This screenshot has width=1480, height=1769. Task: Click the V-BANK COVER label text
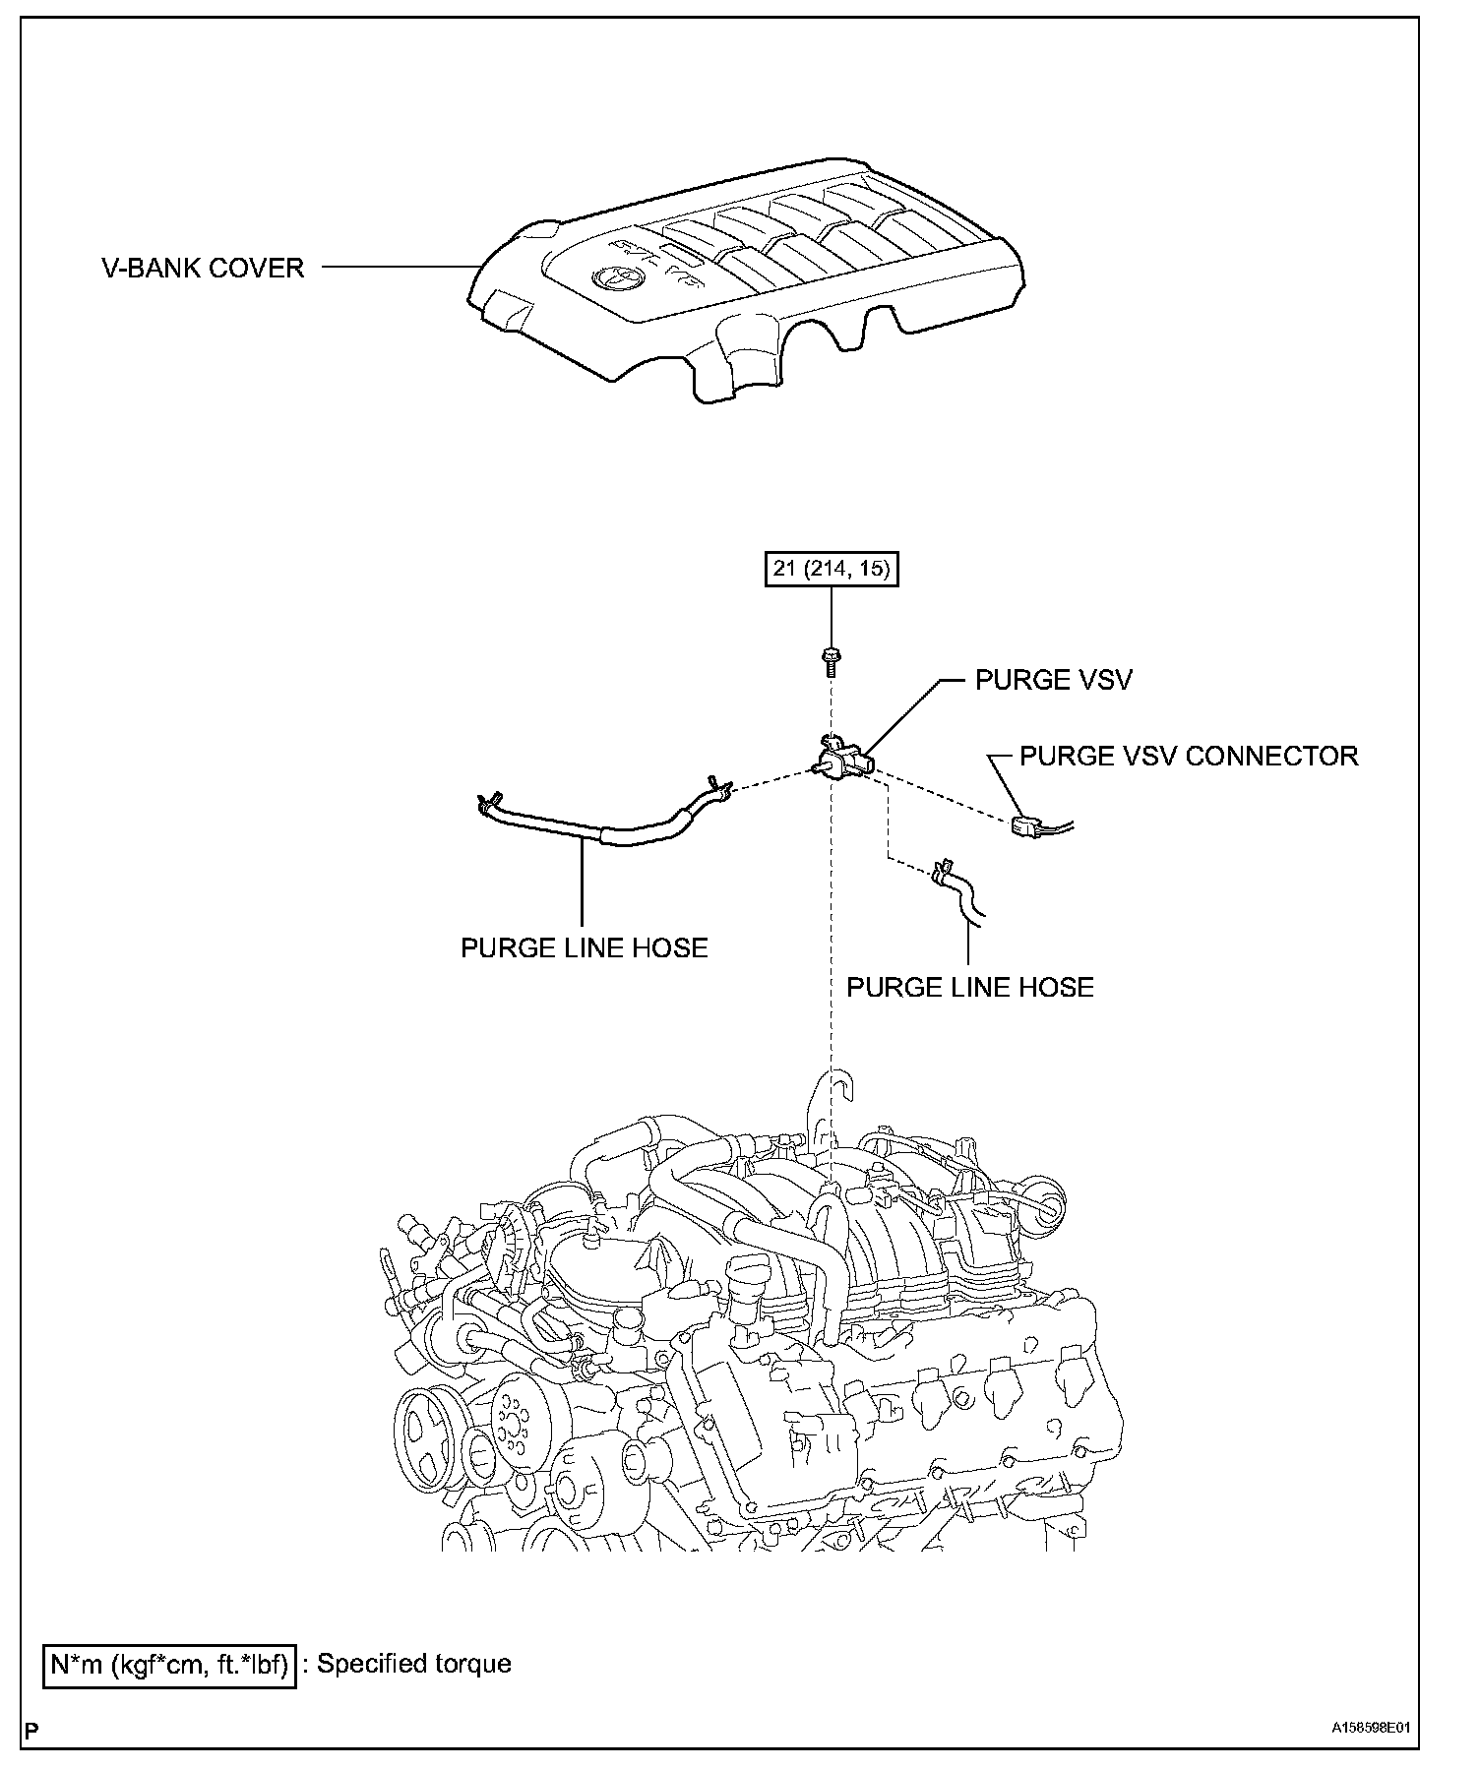203,267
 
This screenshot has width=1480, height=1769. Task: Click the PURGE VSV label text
1053,680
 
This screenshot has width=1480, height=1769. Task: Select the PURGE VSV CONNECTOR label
1188,756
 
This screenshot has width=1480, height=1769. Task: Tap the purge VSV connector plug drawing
1026,827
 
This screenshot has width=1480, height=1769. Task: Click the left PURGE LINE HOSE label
584,947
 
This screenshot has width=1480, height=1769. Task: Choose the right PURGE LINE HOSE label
969,987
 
